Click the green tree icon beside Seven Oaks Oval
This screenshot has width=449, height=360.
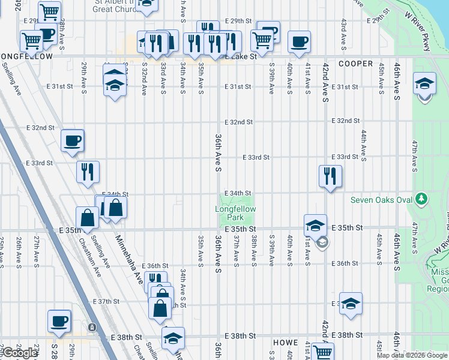click(x=422, y=198)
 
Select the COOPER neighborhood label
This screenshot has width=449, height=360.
click(x=355, y=64)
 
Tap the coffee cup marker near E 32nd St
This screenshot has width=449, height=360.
click(x=72, y=141)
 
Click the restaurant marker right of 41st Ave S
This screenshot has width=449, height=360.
click(x=330, y=175)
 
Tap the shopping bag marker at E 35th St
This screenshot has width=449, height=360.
click(x=88, y=217)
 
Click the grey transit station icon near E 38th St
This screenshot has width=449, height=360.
click(x=92, y=328)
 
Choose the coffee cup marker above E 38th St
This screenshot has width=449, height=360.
click(x=59, y=321)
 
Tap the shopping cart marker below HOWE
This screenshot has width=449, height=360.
click(x=323, y=353)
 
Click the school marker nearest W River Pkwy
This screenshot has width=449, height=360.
click(x=424, y=83)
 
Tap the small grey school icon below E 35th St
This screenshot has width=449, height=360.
click(x=322, y=243)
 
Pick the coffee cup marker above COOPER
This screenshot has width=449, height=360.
click(x=299, y=42)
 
